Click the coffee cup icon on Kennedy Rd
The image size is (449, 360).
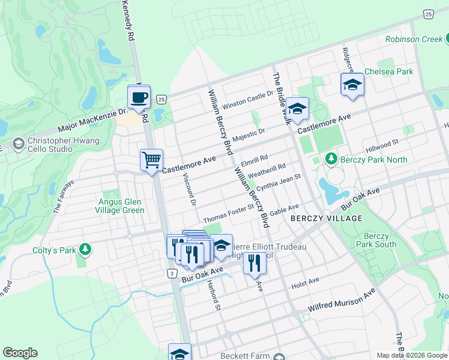coord(140,97)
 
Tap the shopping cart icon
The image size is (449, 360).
coord(151,160)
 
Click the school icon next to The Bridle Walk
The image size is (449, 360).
coord(297,109)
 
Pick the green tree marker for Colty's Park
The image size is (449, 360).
coord(86,248)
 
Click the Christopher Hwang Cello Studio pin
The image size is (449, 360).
coord(18,144)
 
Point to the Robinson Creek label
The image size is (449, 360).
coord(413,39)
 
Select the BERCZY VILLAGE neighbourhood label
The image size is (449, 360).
coord(326,218)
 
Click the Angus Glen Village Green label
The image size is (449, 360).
coord(121,206)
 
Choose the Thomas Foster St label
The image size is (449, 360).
coord(229,215)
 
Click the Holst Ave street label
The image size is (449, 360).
coord(305,280)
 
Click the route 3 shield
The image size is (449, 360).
coord(172,273)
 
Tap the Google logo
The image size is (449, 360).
coord(20,353)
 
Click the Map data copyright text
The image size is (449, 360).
coord(411,355)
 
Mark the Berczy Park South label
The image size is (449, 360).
coord(375,240)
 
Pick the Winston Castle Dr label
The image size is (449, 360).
coord(247,100)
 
